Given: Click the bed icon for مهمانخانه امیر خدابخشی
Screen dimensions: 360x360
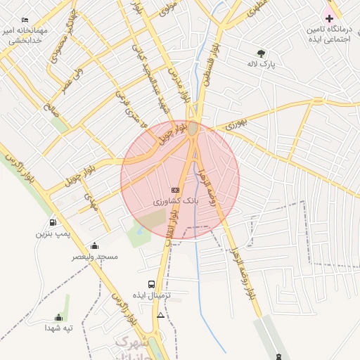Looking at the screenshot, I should pyautogui.click(x=25, y=20).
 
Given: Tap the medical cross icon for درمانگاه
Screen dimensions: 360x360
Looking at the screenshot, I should pyautogui.click(x=328, y=17).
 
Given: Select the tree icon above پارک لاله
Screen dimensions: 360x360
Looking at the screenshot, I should pyautogui.click(x=262, y=53).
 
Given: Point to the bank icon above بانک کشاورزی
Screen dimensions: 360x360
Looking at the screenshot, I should pyautogui.click(x=176, y=190).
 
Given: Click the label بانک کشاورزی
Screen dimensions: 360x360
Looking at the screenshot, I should pyautogui.click(x=176, y=201).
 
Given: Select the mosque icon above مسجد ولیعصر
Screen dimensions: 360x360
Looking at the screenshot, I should pyautogui.click(x=94, y=245).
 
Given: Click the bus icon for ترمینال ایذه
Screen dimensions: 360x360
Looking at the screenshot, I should pyautogui.click(x=152, y=284).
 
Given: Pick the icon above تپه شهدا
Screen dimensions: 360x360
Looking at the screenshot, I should pyautogui.click(x=58, y=317).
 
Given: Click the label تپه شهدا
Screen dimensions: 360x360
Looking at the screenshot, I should pyautogui.click(x=59, y=328).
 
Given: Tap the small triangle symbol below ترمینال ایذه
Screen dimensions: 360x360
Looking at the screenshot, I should pyautogui.click(x=161, y=316).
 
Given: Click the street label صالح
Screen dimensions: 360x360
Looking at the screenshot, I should pyautogui.click(x=49, y=109).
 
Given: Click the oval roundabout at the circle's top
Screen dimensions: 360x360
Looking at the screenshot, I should pyautogui.click(x=194, y=129).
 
